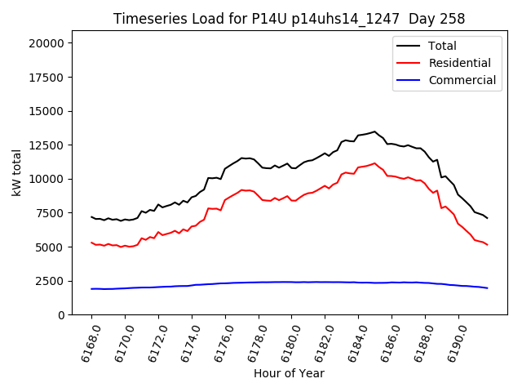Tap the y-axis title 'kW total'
(x=16, y=172)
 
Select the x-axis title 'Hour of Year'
(x=289, y=373)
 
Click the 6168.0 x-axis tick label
(x=84, y=343)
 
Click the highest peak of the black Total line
(x=375, y=131)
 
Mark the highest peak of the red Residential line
(x=375, y=163)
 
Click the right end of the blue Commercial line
(x=487, y=288)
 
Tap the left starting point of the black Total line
(x=91, y=216)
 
